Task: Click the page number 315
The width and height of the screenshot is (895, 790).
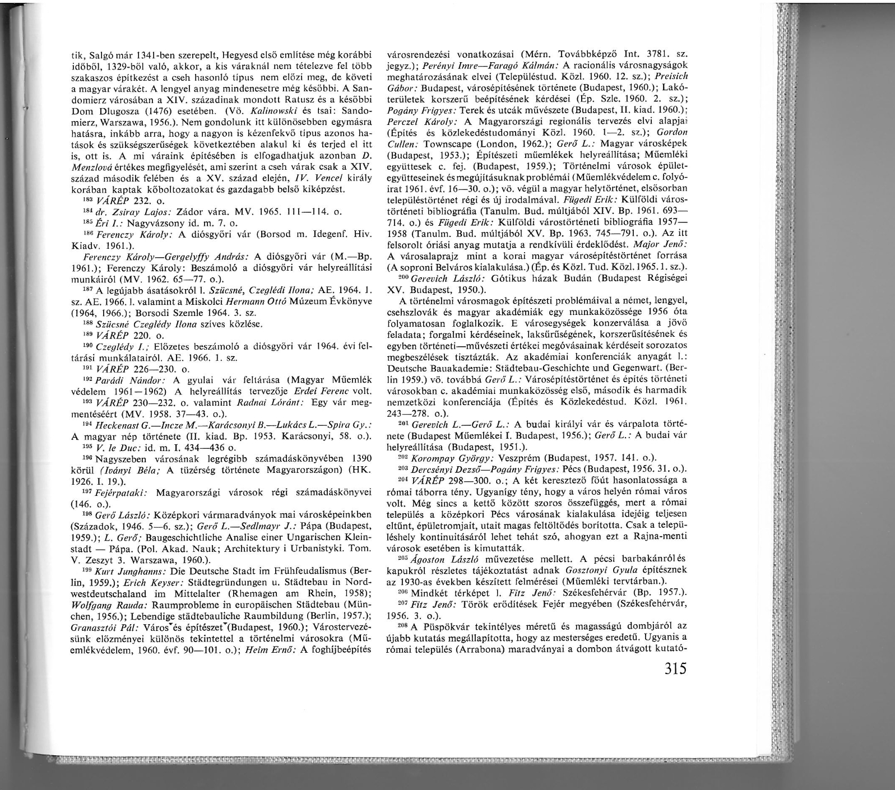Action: (x=666, y=670)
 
